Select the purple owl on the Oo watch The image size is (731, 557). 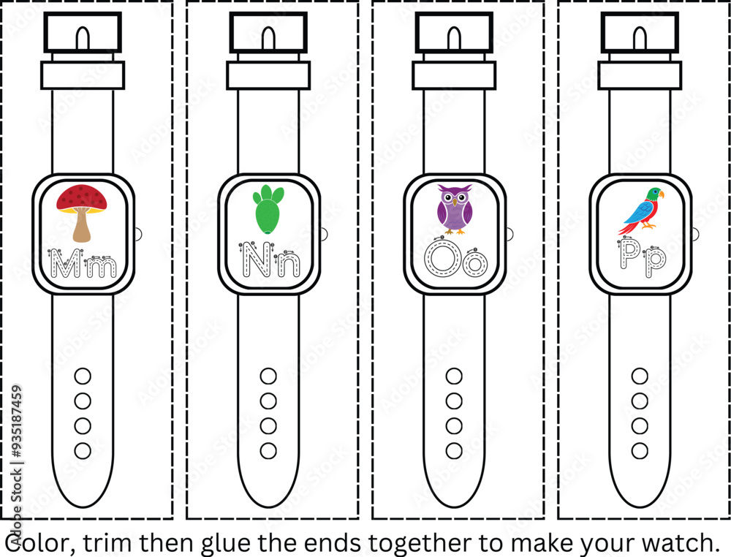(454, 209)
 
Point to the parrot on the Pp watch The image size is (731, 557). (641, 211)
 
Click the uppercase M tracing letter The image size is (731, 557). (65, 263)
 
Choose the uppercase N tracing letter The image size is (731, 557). (255, 259)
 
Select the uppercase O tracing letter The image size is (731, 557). (442, 259)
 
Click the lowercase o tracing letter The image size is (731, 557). (474, 263)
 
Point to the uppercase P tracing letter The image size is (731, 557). (631, 254)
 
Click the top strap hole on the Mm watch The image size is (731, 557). (83, 376)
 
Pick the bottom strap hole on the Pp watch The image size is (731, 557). (640, 451)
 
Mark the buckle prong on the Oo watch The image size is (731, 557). (454, 38)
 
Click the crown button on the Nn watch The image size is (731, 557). (325, 234)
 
